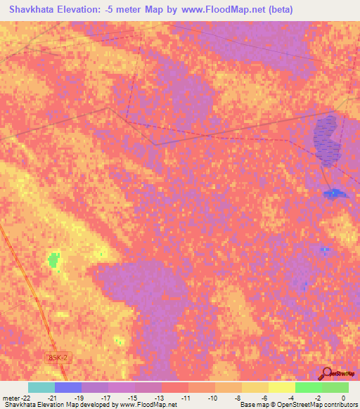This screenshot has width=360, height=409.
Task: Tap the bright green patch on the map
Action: pos(53,261)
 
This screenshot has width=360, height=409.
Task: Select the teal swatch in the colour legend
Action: pos(41,387)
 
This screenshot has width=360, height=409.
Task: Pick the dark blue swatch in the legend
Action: pos(68,387)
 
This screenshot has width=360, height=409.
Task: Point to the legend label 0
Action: pos(344,397)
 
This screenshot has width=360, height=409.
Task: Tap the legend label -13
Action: pos(159,397)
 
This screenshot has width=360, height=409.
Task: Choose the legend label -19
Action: pos(79,397)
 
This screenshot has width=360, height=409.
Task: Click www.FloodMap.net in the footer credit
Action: pos(148,405)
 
